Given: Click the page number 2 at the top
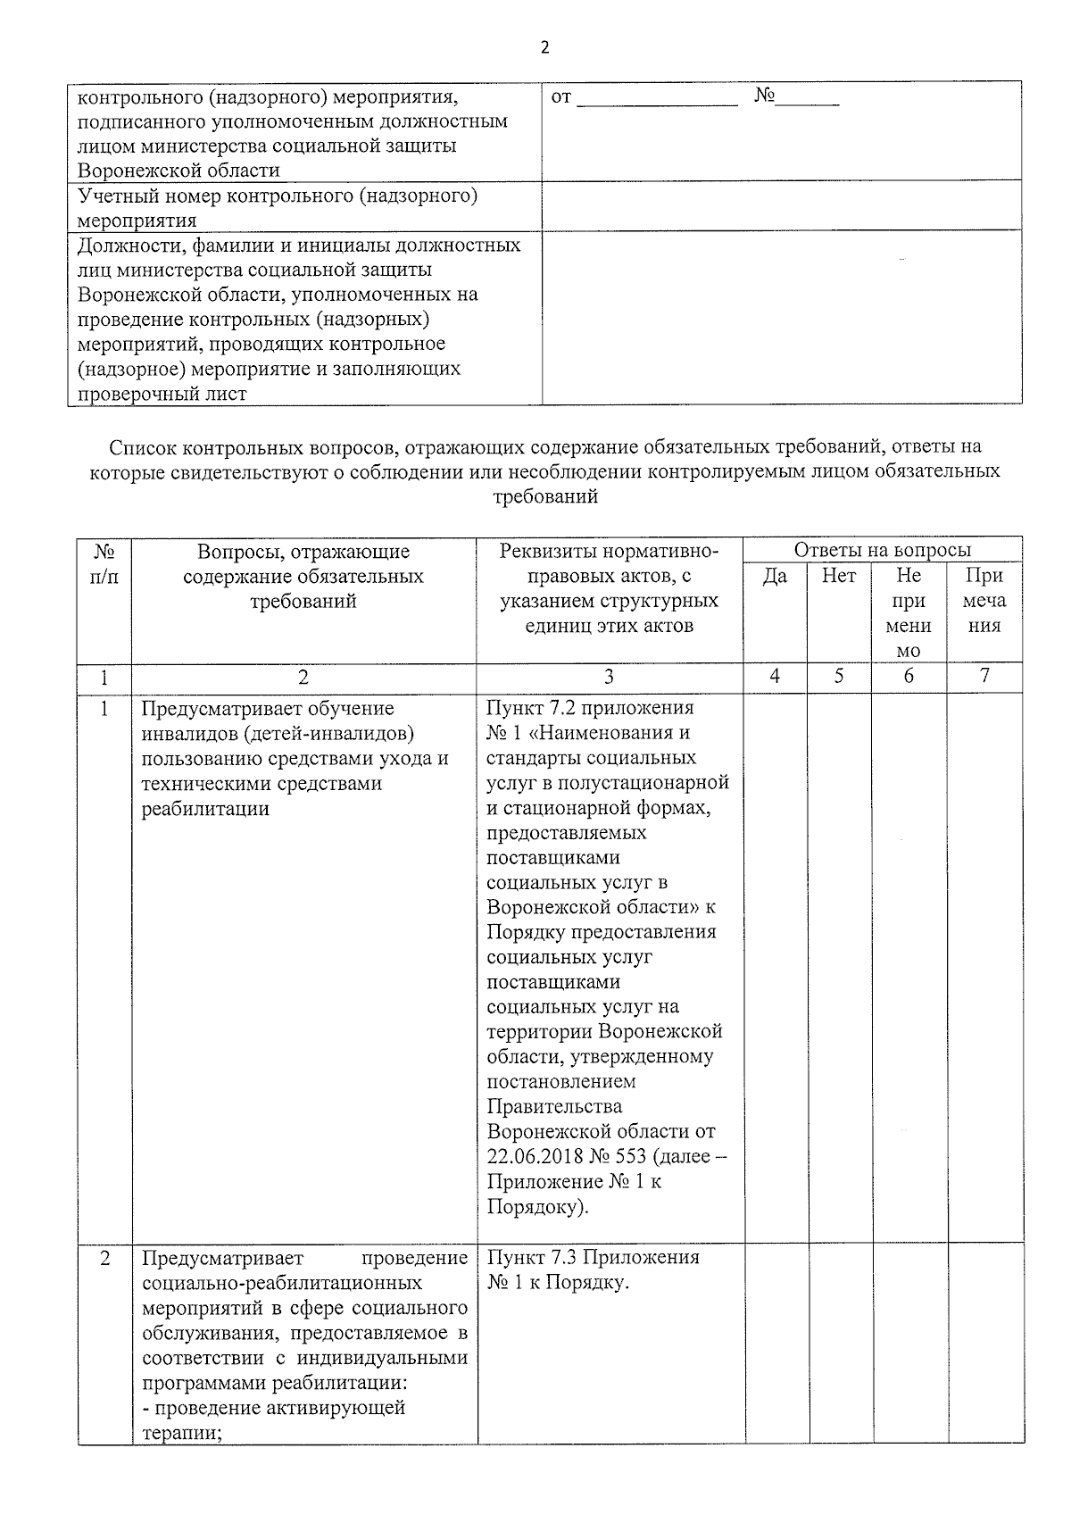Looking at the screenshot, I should tap(545, 48).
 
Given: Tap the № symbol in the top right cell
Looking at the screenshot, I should tap(764, 96).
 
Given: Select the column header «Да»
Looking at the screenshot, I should tap(775, 577).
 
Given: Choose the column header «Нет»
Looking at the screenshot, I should tap(838, 577).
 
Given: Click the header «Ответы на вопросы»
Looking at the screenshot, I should tap(882, 551).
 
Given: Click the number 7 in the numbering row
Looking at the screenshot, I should tap(984, 677).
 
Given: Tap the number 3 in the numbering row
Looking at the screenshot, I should tap(609, 677).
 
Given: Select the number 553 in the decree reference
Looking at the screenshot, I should tap(630, 1157).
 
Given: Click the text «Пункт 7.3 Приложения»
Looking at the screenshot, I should tap(594, 1258).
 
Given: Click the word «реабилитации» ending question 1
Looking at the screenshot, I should tap(205, 809).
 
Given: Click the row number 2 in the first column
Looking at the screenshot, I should tap(104, 1259).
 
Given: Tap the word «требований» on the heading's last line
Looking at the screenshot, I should tap(545, 497).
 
